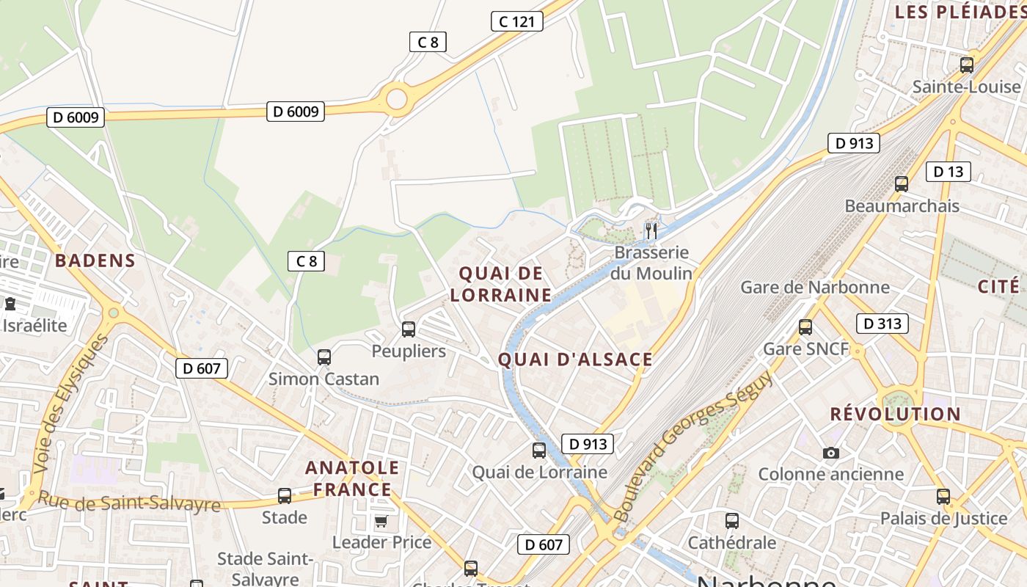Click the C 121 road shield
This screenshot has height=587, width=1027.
tap(516, 21)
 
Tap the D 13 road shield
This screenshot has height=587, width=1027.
tap(948, 172)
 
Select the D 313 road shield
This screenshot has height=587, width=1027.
tap(882, 324)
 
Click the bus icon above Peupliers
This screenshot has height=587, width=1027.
tap(409, 329)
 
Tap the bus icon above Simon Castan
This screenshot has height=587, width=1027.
tap(324, 357)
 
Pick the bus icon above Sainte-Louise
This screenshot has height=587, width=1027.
tap(967, 65)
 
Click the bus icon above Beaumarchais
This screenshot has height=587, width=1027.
tap(902, 184)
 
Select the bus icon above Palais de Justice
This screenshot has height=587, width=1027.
tap(943, 497)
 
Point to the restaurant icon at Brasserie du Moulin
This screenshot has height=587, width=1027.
tap(651, 231)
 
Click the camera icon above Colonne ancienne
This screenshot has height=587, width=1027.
tap(830, 453)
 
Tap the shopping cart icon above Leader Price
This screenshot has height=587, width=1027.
tap(381, 521)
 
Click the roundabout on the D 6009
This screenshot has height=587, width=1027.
tap(396, 98)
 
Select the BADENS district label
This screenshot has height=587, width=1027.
tap(95, 260)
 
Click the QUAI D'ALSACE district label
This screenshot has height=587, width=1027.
tap(575, 360)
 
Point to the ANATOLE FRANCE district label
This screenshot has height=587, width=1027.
tap(352, 478)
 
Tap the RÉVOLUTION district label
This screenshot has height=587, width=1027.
tap(895, 414)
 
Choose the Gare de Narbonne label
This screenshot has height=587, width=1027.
tap(815, 287)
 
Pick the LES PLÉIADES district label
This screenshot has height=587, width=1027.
tap(960, 12)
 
